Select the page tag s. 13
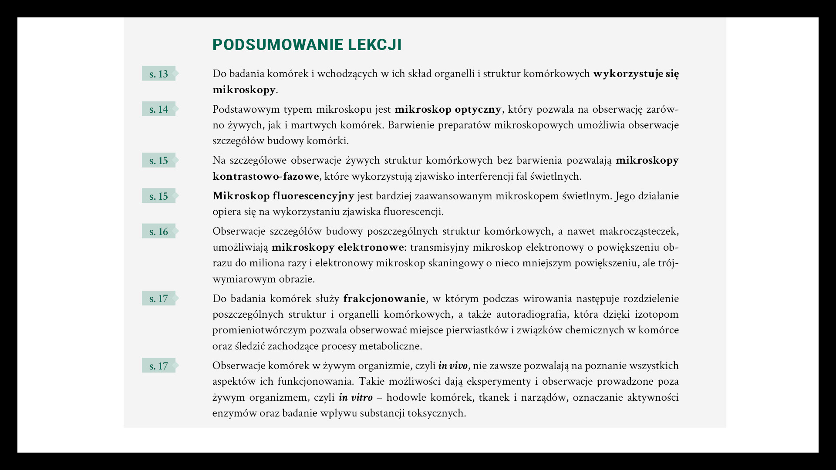click(x=158, y=74)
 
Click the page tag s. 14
click(x=158, y=109)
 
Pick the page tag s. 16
click(x=158, y=232)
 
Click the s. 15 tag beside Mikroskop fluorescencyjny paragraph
click(x=158, y=196)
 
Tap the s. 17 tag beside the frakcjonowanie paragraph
click(x=158, y=299)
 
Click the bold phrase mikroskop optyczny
click(x=448, y=109)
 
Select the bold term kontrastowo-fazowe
click(x=266, y=176)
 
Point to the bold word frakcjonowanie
click(x=384, y=299)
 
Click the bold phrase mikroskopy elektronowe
click(x=337, y=247)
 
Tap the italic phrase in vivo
click(x=453, y=366)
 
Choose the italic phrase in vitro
click(x=355, y=397)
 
